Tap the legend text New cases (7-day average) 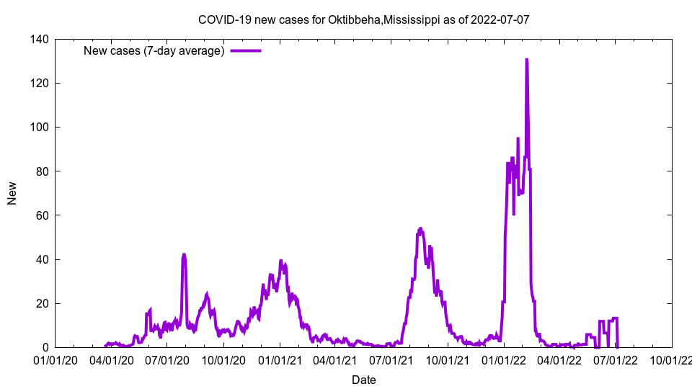click(154, 50)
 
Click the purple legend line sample click(245, 50)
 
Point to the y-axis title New click(12, 193)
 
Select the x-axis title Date click(363, 380)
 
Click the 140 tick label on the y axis click(39, 40)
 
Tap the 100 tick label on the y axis click(39, 128)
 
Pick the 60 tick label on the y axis click(42, 215)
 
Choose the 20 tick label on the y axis click(42, 303)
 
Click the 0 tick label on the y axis click(45, 347)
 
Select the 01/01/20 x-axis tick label click(56, 359)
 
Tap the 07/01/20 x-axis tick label click(167, 359)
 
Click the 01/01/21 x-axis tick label click(280, 359)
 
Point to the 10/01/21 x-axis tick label click(448, 359)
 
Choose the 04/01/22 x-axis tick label click(559, 359)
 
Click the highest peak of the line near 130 click(527, 60)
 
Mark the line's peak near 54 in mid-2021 click(420, 229)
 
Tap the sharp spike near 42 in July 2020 click(184, 254)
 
